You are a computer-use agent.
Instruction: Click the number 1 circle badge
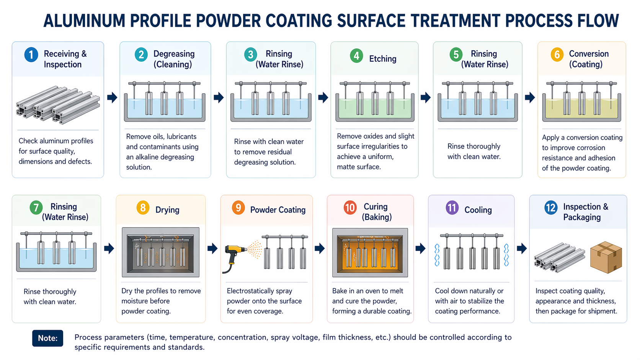pos(31,55)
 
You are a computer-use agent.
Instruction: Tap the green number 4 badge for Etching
pos(356,56)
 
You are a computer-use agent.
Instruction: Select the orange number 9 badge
pos(238,208)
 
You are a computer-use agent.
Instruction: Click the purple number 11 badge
pos(452,208)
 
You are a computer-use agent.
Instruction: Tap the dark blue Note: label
pos(47,338)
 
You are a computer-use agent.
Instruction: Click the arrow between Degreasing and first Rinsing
pos(219,97)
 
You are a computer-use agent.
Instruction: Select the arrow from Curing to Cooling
pos(420,248)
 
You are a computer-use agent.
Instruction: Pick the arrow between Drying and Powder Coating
pos(212,249)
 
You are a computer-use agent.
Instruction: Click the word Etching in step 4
pos(382,59)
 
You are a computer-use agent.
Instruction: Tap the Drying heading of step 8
pos(167,210)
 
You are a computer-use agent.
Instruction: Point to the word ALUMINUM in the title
pos(84,21)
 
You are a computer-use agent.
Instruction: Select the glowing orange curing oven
pos(370,252)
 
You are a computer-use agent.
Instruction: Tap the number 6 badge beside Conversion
pos(557,55)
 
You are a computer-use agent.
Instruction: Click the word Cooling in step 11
pos(478,210)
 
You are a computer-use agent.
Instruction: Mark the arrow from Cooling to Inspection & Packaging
pos(521,248)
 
